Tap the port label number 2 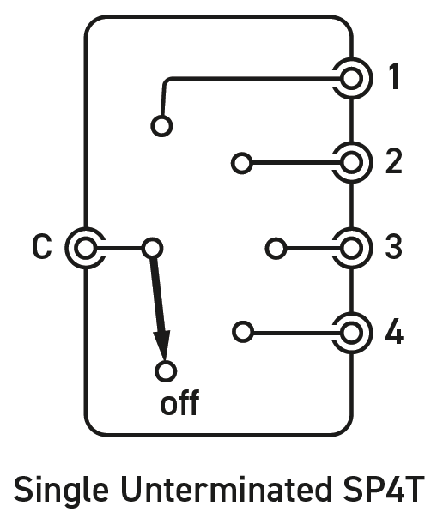point(394,161)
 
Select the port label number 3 point(394,247)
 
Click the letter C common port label point(42,246)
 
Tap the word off point(179,402)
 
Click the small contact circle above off point(166,362)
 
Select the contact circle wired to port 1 point(161,117)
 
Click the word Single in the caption point(61,491)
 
